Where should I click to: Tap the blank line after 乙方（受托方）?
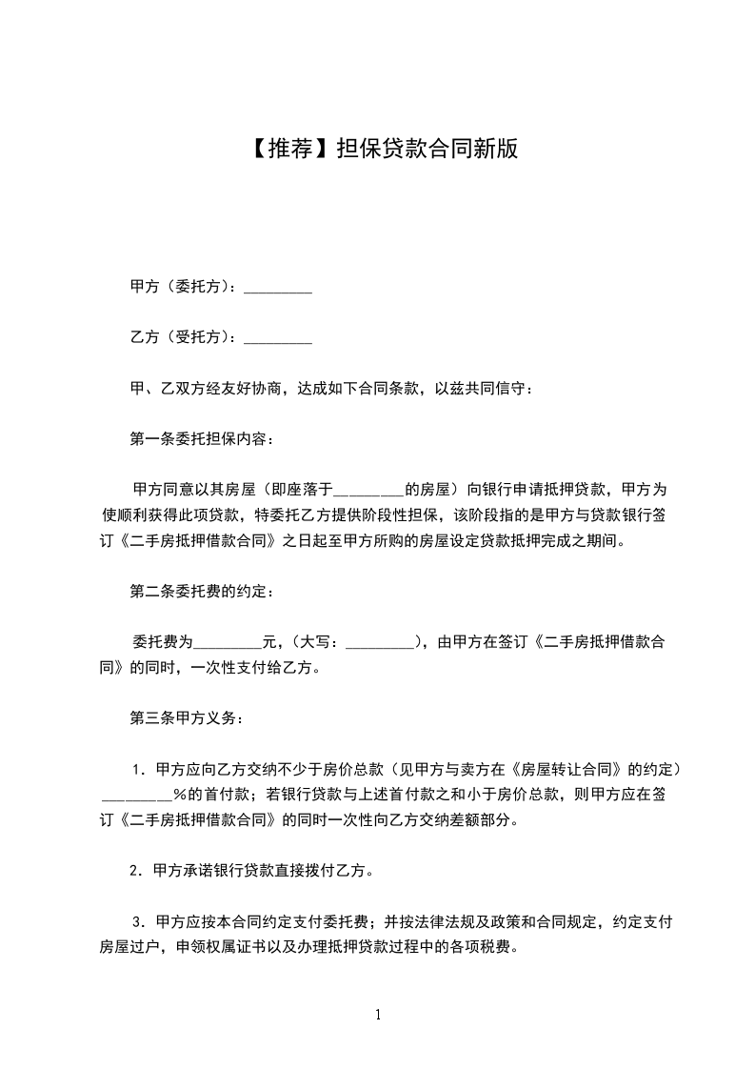[x=278, y=338]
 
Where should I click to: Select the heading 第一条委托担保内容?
[x=201, y=439]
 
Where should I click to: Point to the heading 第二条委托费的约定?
[x=201, y=592]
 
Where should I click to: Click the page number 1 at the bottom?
[x=378, y=1015]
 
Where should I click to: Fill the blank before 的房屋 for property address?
[x=370, y=491]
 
